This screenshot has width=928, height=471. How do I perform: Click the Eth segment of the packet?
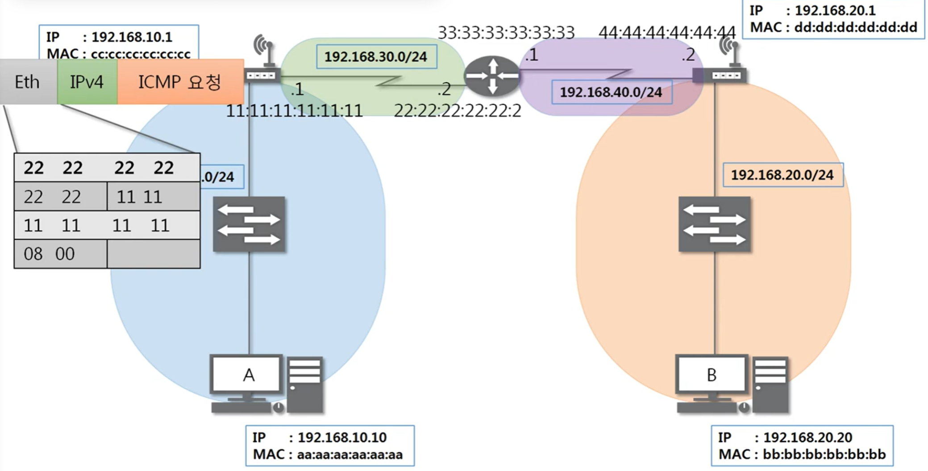coord(28,82)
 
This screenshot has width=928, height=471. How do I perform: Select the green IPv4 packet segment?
coord(87,82)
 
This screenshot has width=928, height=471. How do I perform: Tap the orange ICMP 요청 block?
coord(180,82)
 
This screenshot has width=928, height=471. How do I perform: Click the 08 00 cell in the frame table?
coord(49,254)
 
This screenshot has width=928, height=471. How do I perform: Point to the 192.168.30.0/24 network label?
coord(376,57)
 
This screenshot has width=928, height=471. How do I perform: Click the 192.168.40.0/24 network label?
coord(611,92)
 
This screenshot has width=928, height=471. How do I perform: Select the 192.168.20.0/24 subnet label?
coord(782,175)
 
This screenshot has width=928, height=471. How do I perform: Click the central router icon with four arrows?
coord(492,76)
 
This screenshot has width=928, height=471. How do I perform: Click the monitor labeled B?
coord(712,374)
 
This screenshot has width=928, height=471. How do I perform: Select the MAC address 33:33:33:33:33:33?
coord(506,33)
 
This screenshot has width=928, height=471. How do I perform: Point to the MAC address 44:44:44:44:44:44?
coord(667,33)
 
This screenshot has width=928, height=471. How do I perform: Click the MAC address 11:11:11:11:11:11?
coord(294,111)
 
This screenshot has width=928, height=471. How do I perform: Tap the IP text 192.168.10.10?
coord(342,437)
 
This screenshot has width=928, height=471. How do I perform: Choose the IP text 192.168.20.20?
coord(807,437)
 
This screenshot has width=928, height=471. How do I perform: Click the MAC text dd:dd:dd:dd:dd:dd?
coord(855,27)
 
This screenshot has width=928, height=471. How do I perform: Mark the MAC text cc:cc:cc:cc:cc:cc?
coord(141,54)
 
